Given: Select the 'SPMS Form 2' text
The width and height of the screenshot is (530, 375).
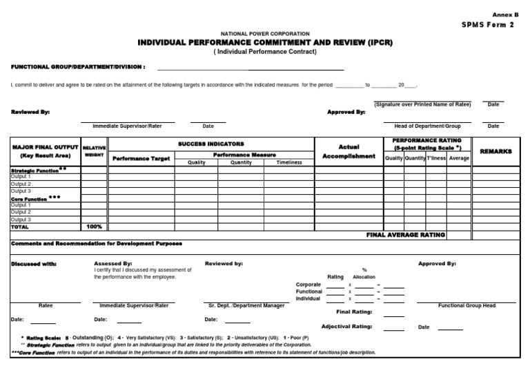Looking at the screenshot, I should pyautogui.click(x=491, y=25).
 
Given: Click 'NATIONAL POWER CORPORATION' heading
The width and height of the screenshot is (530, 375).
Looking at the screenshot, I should pyautogui.click(x=265, y=33).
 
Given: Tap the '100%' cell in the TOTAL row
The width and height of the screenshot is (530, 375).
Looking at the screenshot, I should pyautogui.click(x=94, y=227).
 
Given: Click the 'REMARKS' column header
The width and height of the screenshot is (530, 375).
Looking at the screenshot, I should pyautogui.click(x=495, y=151).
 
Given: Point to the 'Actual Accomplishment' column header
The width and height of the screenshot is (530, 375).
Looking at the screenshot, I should pyautogui.click(x=349, y=152).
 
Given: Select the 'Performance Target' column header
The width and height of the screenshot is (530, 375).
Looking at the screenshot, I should pyautogui.click(x=141, y=158).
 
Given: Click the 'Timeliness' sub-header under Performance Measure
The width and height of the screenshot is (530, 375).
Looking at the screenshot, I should pyautogui.click(x=289, y=163).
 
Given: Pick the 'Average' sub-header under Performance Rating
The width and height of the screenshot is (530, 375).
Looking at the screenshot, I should pyautogui.click(x=459, y=158).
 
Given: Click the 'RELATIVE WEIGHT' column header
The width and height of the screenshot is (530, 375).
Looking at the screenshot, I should pyautogui.click(x=94, y=151).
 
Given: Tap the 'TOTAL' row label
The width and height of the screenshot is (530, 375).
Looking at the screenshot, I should pyautogui.click(x=20, y=227).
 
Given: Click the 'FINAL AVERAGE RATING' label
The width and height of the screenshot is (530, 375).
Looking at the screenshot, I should pyautogui.click(x=405, y=235).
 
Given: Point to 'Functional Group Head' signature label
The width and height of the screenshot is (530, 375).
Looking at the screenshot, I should pyautogui.click(x=467, y=305).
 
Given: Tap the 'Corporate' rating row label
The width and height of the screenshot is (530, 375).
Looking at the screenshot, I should pyautogui.click(x=308, y=285).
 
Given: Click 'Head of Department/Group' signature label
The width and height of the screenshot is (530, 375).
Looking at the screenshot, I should pyautogui.click(x=427, y=126).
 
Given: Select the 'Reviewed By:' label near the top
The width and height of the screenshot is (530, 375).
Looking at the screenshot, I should pyautogui.click(x=30, y=111).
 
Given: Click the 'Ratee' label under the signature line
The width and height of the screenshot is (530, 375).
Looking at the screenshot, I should pyautogui.click(x=46, y=305).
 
